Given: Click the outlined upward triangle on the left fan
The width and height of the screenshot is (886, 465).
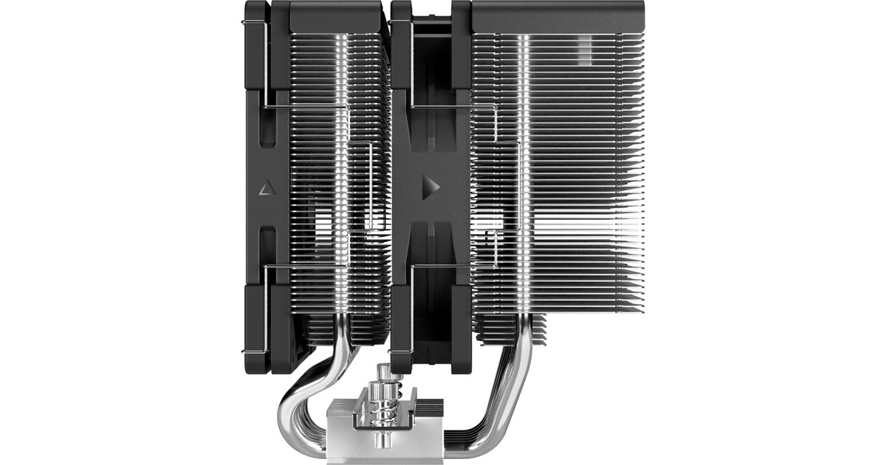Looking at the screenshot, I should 267,188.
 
